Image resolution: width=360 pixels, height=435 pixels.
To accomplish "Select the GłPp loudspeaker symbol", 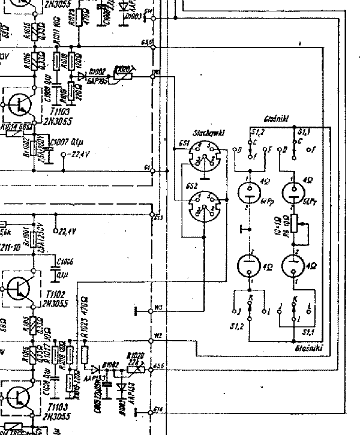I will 248,192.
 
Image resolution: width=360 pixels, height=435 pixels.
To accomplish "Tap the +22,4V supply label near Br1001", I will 65,231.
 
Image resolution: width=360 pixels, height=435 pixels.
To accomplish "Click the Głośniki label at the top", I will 276,119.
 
